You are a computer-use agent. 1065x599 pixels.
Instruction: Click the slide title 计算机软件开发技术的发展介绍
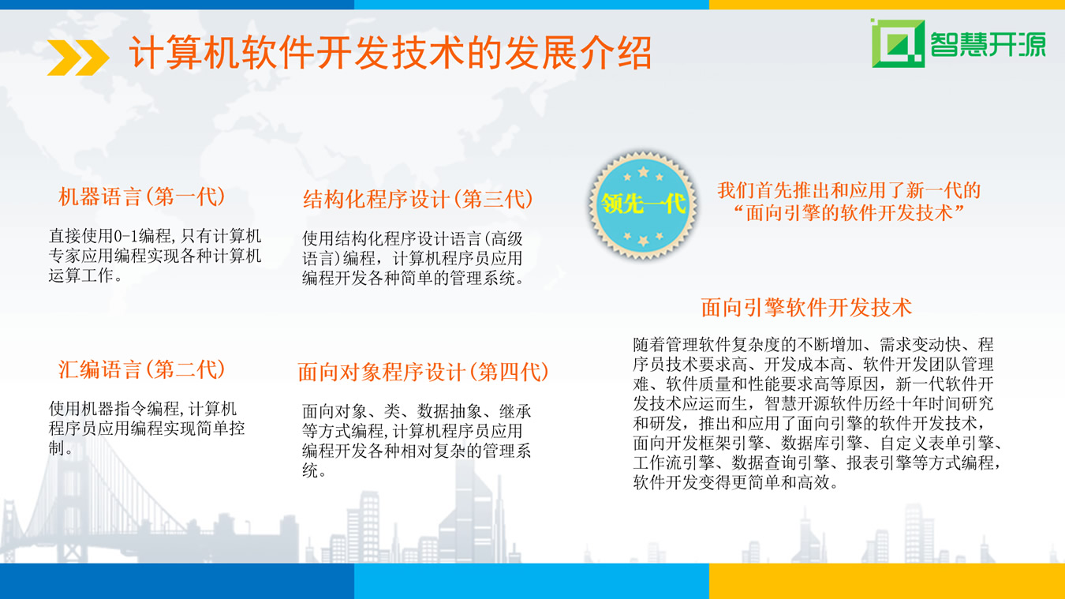point(390,52)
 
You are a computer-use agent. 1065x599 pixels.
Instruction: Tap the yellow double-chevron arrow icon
point(78,58)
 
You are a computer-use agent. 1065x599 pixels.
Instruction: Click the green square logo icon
point(898,43)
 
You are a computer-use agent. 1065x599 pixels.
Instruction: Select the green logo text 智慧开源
point(988,44)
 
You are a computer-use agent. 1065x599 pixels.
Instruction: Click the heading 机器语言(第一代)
point(142,197)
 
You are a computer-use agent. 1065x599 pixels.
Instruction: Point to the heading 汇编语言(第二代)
point(142,369)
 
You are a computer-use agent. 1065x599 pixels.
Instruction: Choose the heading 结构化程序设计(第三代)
point(418,199)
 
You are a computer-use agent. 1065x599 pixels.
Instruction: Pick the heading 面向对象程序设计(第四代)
point(423,372)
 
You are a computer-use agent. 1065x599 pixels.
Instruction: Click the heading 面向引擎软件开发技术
point(806,307)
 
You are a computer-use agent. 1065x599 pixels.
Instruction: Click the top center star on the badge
point(643,171)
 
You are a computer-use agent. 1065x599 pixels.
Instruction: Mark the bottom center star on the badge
point(643,240)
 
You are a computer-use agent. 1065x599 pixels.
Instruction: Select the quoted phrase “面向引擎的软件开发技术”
point(849,212)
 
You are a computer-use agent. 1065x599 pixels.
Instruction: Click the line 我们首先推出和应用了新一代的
point(849,190)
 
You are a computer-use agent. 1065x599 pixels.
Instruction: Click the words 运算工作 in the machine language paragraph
point(80,275)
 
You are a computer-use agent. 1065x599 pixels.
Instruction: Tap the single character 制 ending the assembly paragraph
point(57,447)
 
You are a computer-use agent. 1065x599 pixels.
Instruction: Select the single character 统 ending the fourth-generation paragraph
point(310,470)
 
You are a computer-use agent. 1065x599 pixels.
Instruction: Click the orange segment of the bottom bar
point(887,581)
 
